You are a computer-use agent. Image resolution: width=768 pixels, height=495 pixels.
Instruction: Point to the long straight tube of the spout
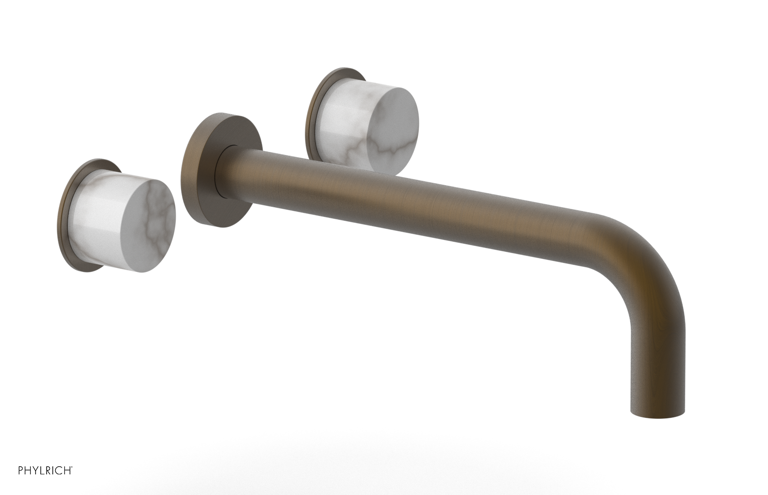408,201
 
